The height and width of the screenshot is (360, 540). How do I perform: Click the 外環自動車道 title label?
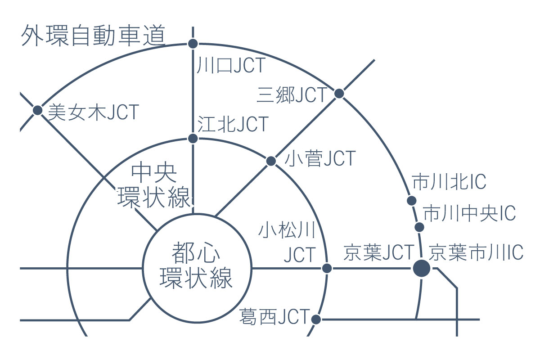pos(93,36)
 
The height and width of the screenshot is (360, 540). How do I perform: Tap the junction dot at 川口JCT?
pos(193,44)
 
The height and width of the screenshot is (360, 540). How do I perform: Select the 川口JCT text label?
pos(231,65)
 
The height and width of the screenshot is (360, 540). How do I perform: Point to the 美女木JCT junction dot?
pos(38,110)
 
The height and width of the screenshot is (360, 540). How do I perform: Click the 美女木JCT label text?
pos(94,112)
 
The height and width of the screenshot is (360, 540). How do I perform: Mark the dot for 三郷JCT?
pos(339,94)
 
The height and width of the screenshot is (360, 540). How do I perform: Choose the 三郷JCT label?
pos(292,95)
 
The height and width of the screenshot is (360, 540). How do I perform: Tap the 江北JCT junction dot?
pos(193,139)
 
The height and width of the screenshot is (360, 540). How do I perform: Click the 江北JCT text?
pos(233,124)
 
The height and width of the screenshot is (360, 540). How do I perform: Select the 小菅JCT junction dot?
pos(271,161)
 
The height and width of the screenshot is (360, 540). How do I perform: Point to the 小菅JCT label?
pos(320,158)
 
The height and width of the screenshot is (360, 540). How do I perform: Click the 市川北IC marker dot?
pos(411,201)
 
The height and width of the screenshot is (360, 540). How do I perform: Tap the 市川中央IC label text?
pos(469,213)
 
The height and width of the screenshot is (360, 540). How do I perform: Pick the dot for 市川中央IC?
pos(419,227)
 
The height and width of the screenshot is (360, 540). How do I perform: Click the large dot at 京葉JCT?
pos(421,268)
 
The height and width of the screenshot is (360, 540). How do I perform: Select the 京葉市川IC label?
pos(476,252)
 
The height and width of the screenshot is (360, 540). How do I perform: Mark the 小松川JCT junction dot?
pos(327,268)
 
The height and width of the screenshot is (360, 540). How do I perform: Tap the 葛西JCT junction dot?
pos(316,319)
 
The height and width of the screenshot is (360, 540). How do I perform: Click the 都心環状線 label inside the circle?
pos(196,265)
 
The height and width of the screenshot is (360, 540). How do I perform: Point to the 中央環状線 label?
pos(154,186)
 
